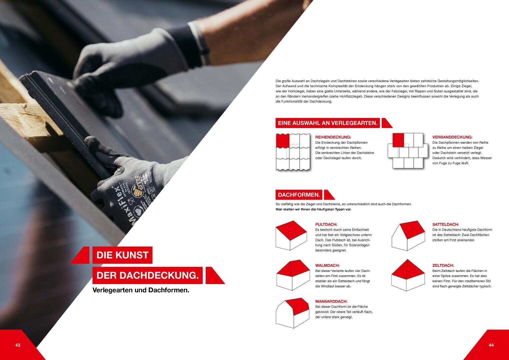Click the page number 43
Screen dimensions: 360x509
18,345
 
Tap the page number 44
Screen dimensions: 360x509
491,345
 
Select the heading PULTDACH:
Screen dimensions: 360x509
326,224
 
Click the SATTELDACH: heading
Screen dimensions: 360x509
445,224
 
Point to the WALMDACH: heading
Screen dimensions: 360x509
327,265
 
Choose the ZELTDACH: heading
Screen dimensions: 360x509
443,265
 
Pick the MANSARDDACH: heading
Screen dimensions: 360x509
331,301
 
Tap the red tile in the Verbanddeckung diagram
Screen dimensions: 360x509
398,140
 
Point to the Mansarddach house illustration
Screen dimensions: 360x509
292,313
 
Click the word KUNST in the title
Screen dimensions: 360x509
132,255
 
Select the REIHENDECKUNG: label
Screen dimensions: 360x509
333,137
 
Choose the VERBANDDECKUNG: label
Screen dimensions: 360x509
452,137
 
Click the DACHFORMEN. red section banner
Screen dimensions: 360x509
299,195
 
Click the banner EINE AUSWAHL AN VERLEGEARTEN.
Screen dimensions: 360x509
327,123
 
